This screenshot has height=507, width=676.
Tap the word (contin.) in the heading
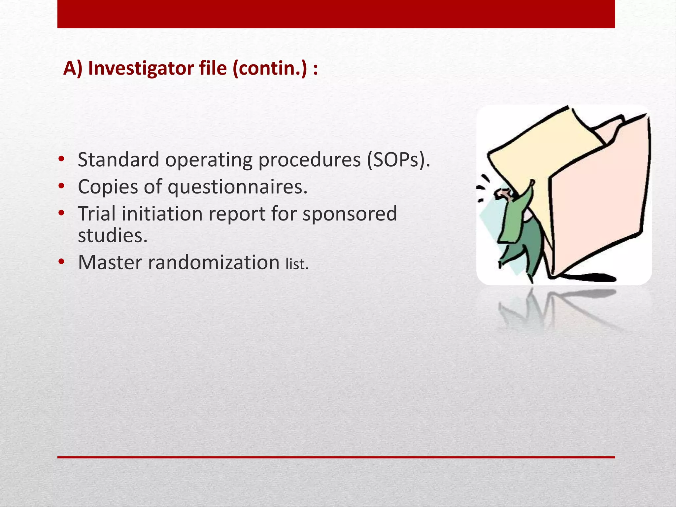(269, 68)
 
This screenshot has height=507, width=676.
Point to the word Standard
(118, 160)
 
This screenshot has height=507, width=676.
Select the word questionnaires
(238, 187)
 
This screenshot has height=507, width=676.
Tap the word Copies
(108, 187)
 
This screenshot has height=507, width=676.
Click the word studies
(112, 236)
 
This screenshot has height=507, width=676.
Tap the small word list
(296, 264)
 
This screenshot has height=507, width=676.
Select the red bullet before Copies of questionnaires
(61, 186)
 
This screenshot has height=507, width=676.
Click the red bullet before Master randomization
(61, 262)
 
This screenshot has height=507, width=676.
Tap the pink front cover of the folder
(597, 198)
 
